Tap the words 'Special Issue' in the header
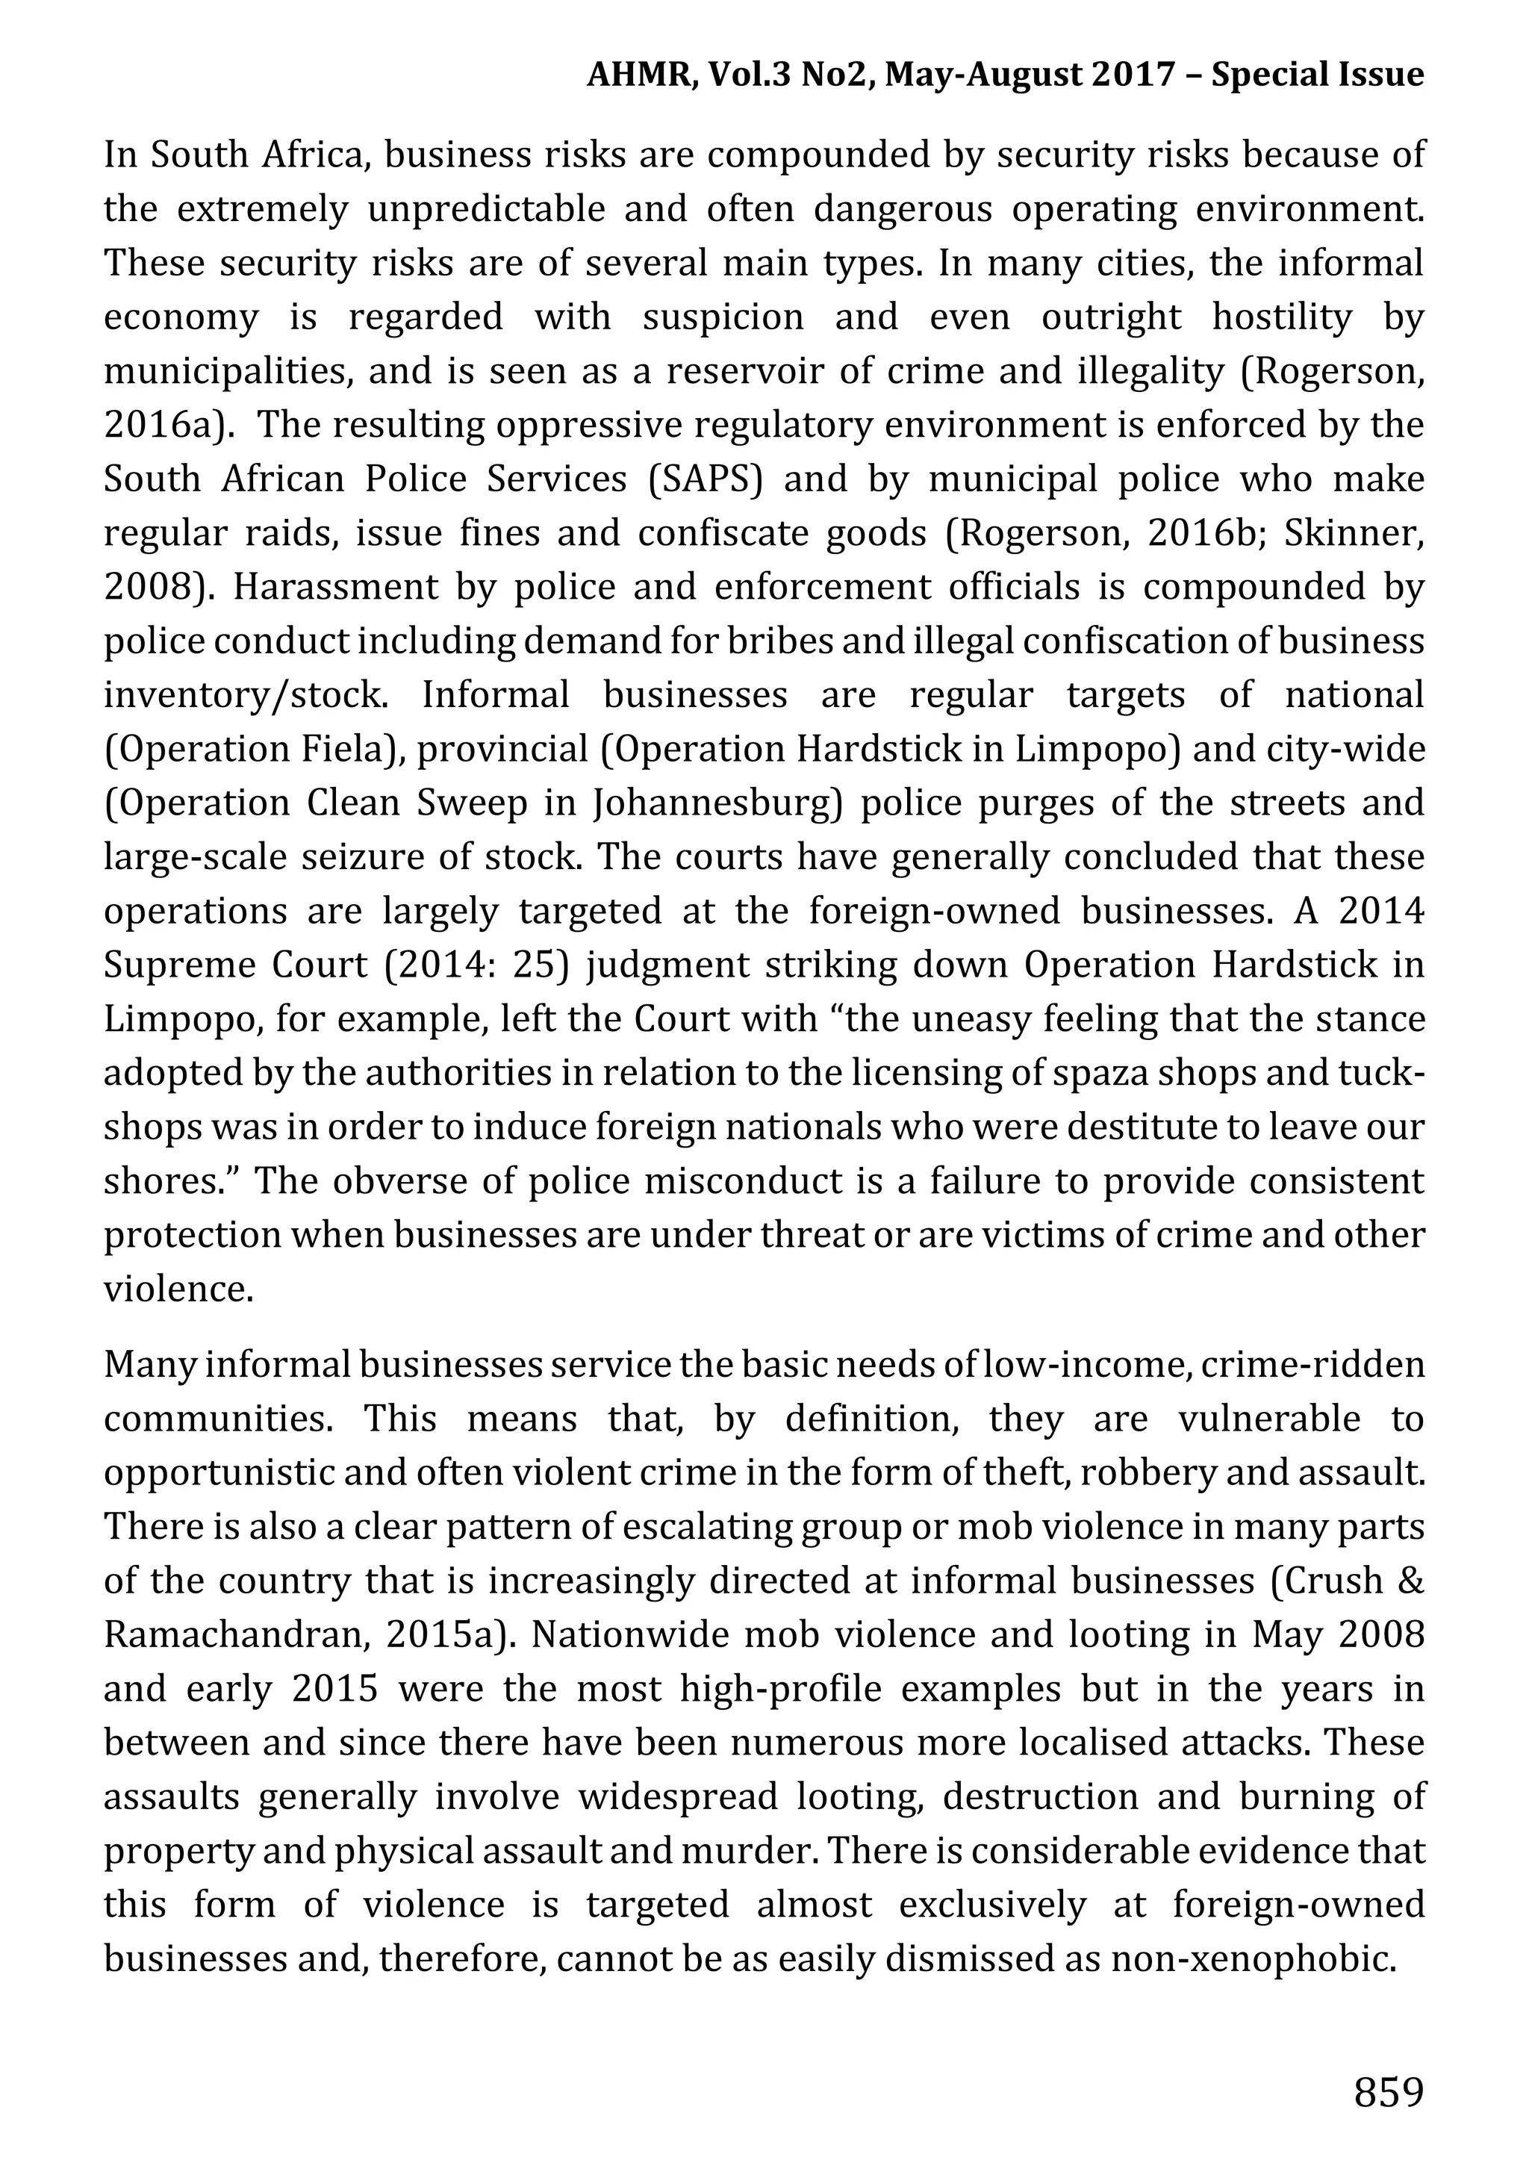click(x=1317, y=74)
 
